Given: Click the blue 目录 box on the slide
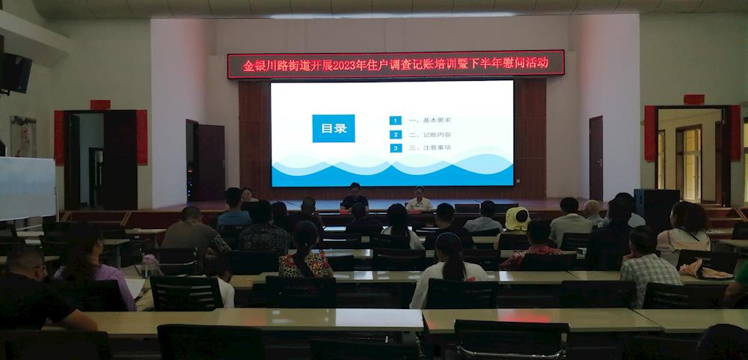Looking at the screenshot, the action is click(334, 129).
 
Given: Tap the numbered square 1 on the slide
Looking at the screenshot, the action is click(396, 120).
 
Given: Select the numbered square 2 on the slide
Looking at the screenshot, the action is click(396, 135).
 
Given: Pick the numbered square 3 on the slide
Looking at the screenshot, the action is click(396, 148).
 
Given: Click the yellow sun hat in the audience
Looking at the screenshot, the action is click(517, 219).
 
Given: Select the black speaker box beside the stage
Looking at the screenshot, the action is click(657, 210).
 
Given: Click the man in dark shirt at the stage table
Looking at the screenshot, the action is click(355, 197).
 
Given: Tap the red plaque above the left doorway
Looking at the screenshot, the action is click(100, 105).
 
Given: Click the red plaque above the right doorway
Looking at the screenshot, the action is click(694, 100).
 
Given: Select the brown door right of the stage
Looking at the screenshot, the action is click(596, 158).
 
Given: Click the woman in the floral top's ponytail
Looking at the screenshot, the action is click(304, 248).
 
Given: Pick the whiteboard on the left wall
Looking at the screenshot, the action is click(27, 188).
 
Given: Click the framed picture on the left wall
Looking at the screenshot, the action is click(23, 136).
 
